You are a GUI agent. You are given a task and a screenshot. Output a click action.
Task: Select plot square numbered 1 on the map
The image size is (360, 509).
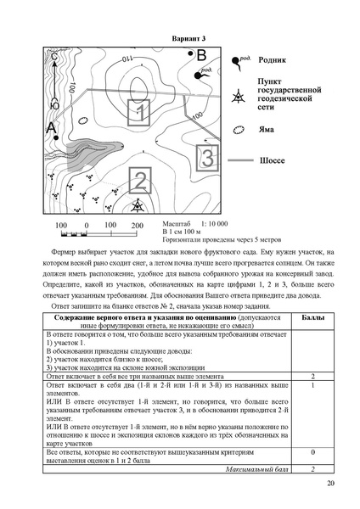[141, 112]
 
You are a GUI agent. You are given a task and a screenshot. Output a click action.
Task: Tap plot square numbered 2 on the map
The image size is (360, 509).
[140, 181]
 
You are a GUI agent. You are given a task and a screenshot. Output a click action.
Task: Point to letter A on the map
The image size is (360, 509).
[52, 128]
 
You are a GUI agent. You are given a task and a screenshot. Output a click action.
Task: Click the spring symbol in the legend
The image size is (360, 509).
[238, 62]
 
